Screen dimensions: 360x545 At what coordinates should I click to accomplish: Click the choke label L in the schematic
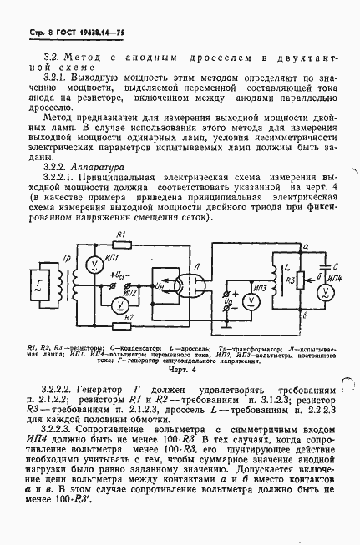(286, 264)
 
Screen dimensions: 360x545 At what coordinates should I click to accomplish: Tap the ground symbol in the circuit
(226, 324)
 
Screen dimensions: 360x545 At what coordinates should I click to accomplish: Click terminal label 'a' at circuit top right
(306, 247)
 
